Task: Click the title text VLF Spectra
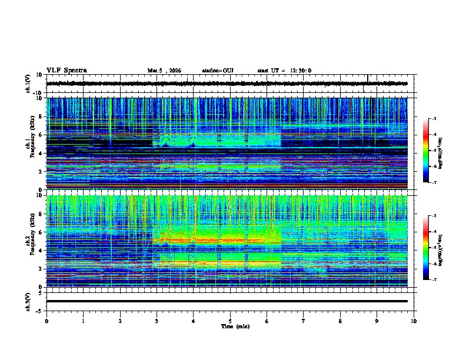(66, 71)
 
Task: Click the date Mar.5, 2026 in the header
(164, 71)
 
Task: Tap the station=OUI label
(218, 71)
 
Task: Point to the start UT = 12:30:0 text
(284, 71)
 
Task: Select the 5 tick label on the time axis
(230, 321)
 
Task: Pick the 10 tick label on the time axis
(414, 321)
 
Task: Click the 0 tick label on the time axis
(46, 321)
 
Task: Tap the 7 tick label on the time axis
(304, 321)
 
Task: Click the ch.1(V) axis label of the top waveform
(28, 84)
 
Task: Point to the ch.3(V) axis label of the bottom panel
(28, 301)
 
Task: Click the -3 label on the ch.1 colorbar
(434, 119)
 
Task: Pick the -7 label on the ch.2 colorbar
(434, 280)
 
